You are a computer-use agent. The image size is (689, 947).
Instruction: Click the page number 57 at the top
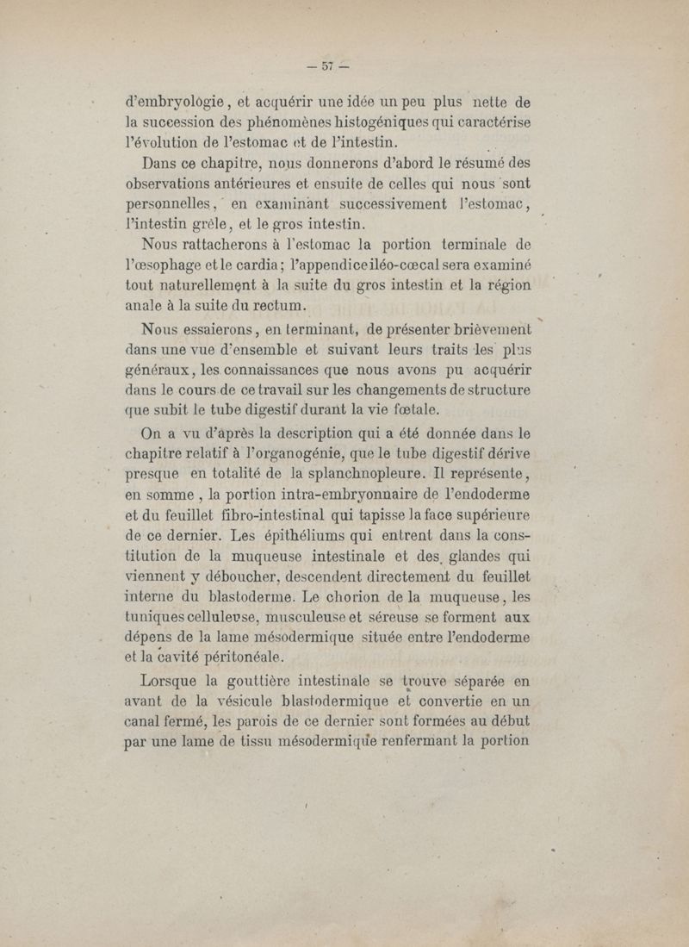pos(328,65)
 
